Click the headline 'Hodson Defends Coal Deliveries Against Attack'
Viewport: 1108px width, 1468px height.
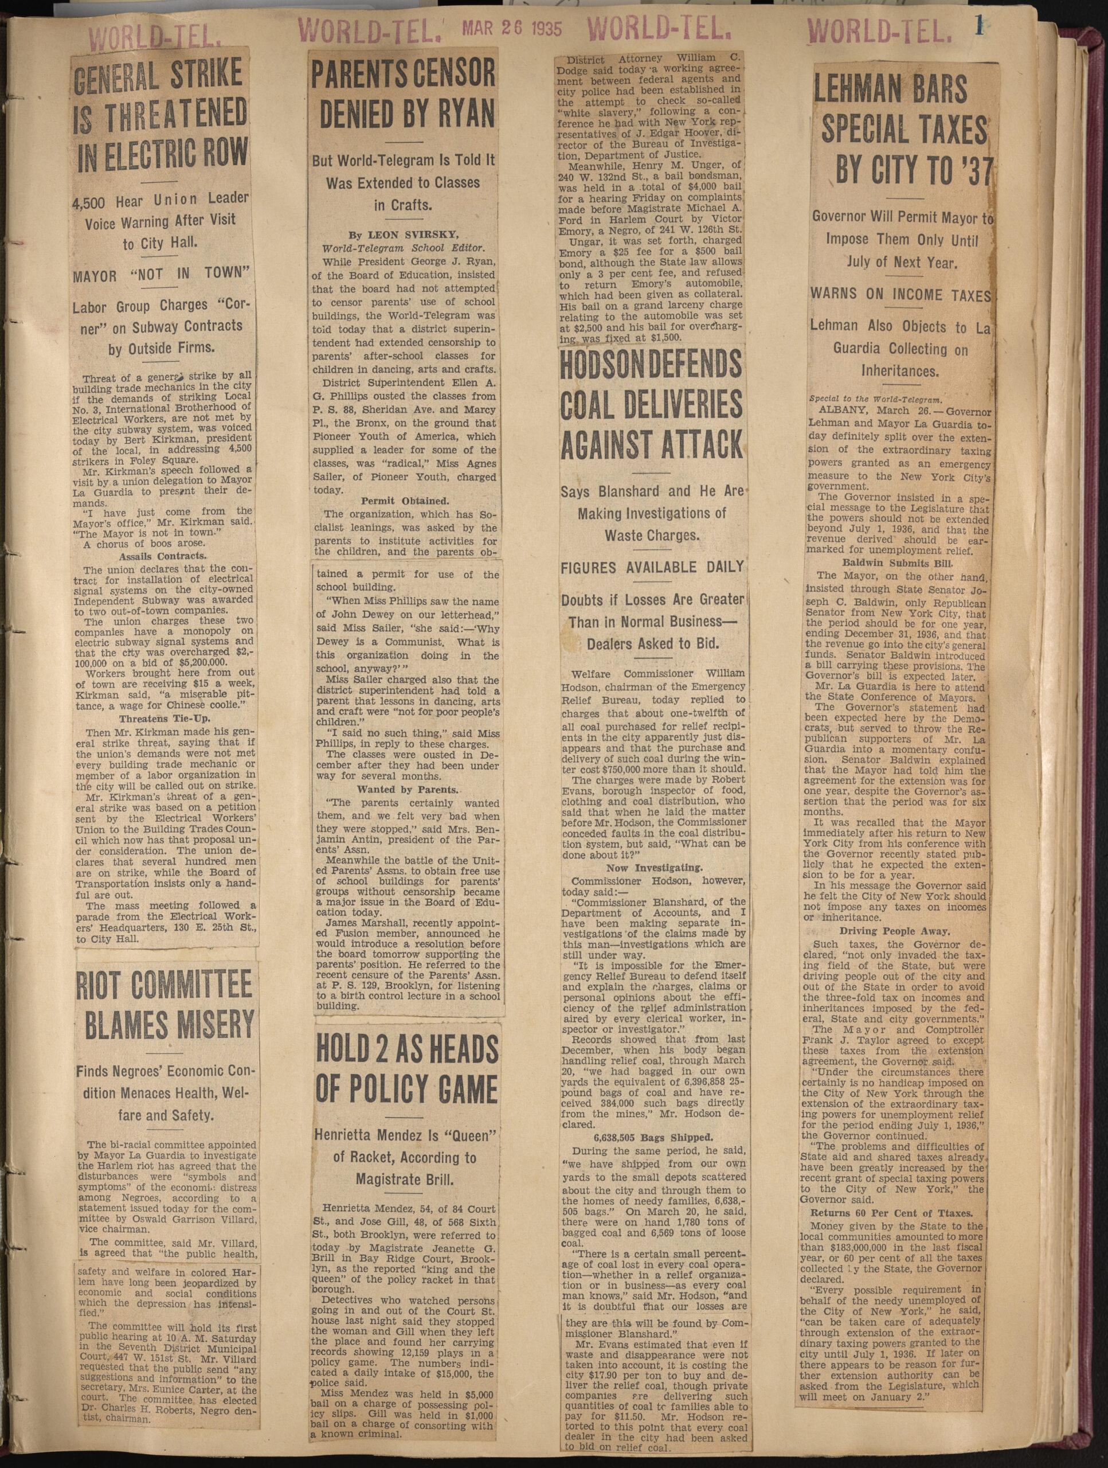(652, 405)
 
